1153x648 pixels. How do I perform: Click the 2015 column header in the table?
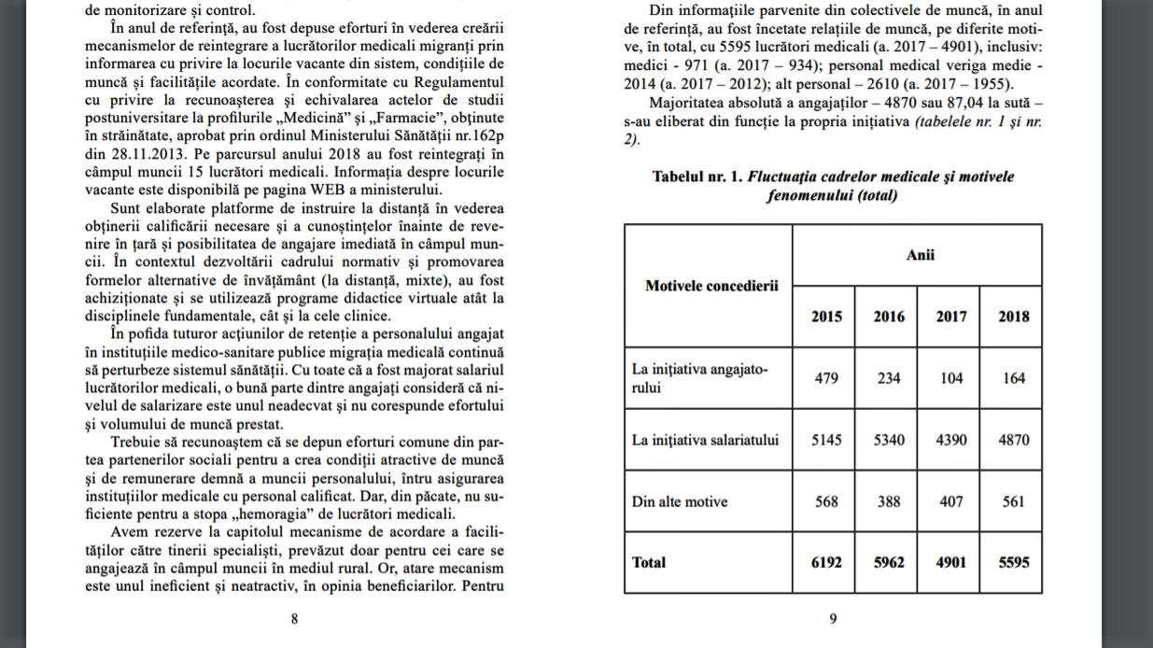point(825,316)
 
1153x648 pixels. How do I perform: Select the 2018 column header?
point(1013,316)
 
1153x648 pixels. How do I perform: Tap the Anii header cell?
point(920,255)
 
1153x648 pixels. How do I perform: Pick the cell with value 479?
point(825,378)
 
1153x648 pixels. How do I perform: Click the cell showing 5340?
point(888,439)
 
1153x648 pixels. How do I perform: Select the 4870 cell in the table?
point(1013,439)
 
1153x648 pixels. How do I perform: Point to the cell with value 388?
point(888,501)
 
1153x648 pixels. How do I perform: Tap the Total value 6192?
point(825,562)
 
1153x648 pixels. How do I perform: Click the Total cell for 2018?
point(1013,562)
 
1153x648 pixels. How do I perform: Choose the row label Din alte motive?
point(680,501)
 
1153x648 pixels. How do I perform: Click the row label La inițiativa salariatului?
point(705,439)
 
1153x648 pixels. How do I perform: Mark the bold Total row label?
point(650,562)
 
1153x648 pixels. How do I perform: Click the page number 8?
point(294,618)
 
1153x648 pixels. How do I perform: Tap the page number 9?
point(833,618)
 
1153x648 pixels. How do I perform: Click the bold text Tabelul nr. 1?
point(696,176)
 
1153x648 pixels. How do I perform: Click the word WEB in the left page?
point(302,188)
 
